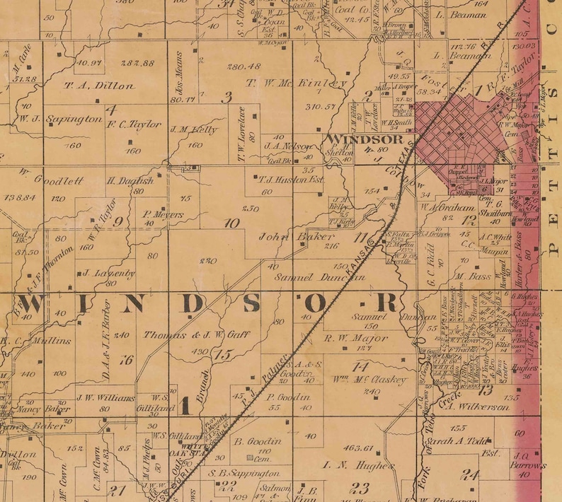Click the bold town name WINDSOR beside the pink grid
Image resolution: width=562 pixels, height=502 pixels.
coord(356,139)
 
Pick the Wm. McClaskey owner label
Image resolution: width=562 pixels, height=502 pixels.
coord(372,380)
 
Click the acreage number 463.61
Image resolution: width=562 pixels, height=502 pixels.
coord(357,448)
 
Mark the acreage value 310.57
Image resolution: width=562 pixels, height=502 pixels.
coord(319,107)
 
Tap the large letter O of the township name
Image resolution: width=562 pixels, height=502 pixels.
coord(316,303)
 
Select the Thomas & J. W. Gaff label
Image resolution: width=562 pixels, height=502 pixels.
coord(196,335)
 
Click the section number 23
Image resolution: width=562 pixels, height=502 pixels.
coord(361,487)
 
